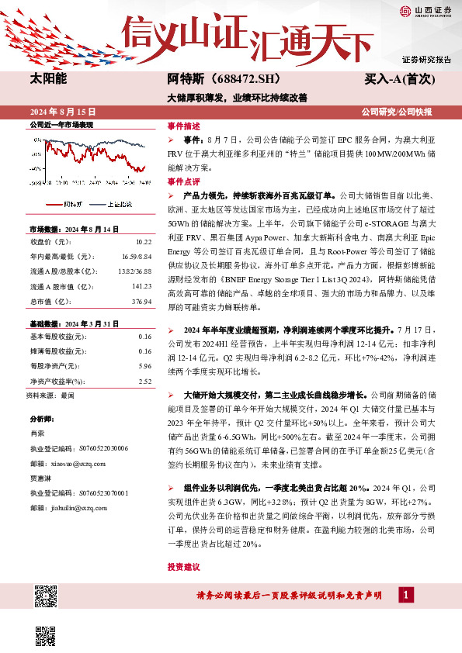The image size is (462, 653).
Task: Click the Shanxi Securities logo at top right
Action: click(x=426, y=10)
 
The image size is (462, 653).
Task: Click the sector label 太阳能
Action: click(x=48, y=79)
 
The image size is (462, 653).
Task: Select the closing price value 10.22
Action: click(x=143, y=243)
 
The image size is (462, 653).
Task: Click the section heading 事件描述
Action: click(x=183, y=125)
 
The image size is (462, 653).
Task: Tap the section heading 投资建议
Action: click(x=183, y=568)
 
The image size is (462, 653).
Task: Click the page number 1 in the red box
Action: click(x=405, y=595)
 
